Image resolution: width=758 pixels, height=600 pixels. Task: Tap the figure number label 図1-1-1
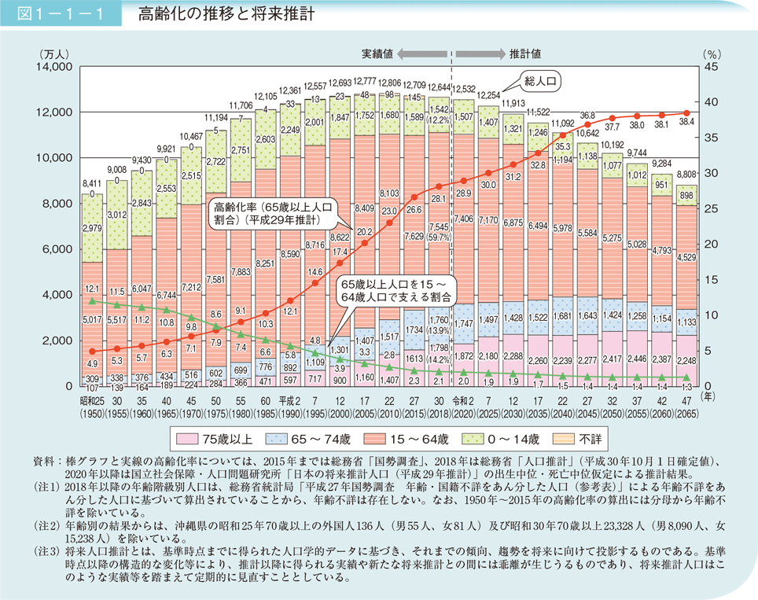coord(60,13)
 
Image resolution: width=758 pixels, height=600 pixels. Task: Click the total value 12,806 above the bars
coord(387,83)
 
